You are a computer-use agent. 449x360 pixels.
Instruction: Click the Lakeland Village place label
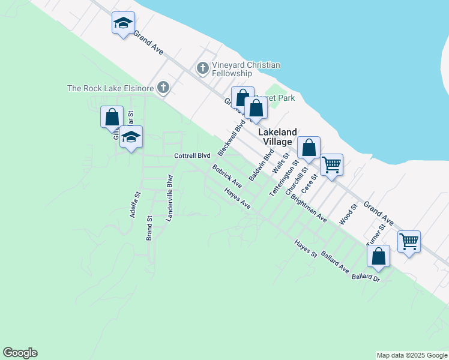coord(277,137)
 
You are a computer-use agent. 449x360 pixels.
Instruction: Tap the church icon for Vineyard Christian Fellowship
coord(203,69)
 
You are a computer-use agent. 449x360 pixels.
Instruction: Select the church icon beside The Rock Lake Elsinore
coord(162,88)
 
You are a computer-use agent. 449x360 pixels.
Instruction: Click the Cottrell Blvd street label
coord(192,156)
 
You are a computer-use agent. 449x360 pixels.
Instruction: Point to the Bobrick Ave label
coord(226,174)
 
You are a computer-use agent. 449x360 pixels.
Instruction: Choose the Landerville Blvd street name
coord(169,199)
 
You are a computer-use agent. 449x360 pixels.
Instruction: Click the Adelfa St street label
coord(135,204)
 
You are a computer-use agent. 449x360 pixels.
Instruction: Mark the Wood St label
coord(348,214)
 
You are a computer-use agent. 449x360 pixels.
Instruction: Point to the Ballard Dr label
coord(366,277)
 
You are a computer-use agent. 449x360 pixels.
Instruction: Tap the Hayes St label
coord(305,249)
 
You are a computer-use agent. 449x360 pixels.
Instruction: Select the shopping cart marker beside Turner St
coord(409,241)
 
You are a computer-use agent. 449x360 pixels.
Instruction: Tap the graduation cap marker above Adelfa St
coord(131,138)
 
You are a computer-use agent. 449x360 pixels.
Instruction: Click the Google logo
coord(20,353)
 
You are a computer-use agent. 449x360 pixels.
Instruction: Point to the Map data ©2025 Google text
coord(412,355)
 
